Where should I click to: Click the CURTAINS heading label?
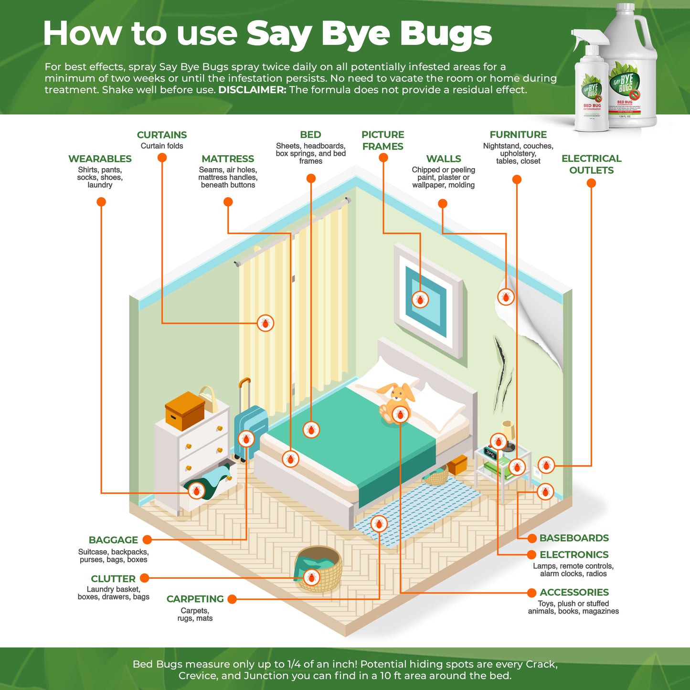pyautogui.click(x=162, y=135)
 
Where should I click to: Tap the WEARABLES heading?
pyautogui.click(x=100, y=159)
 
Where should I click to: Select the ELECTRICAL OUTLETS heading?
pyautogui.click(x=591, y=164)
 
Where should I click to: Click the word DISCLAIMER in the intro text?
pyautogui.click(x=252, y=90)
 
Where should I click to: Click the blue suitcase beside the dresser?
pyautogui.click(x=251, y=427)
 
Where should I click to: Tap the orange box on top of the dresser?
pyautogui.click(x=184, y=411)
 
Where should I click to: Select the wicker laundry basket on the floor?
pyautogui.click(x=319, y=568)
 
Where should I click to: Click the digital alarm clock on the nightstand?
pyautogui.click(x=491, y=453)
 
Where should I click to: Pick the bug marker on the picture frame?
pyautogui.click(x=420, y=299)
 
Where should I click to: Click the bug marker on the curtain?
pyautogui.click(x=265, y=323)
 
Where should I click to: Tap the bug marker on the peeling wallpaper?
pyautogui.click(x=506, y=297)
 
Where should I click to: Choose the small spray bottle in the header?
pyautogui.click(x=591, y=86)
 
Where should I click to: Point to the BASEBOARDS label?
pyautogui.click(x=574, y=538)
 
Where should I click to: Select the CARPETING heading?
pyautogui.click(x=195, y=599)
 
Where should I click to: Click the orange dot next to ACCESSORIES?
pyautogui.click(x=531, y=593)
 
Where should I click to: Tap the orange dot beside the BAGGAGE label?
pyautogui.click(x=147, y=540)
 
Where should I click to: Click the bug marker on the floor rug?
pyautogui.click(x=379, y=524)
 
